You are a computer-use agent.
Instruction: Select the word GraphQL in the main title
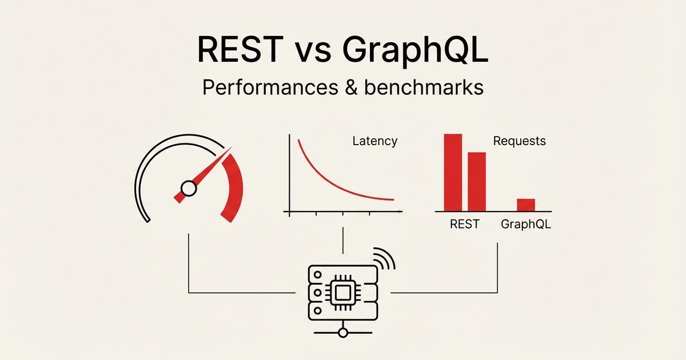pos(415,51)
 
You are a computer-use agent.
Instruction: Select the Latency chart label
pos(374,141)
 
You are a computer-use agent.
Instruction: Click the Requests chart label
pos(519,141)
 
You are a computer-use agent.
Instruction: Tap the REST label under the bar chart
pos(465,224)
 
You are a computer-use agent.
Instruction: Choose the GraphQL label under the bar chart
pos(526,224)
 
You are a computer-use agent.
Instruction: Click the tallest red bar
pos(453,172)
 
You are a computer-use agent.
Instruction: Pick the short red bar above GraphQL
pos(526,205)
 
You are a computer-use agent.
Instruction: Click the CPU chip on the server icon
pos(341,293)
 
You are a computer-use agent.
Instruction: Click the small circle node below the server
pos(342,333)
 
